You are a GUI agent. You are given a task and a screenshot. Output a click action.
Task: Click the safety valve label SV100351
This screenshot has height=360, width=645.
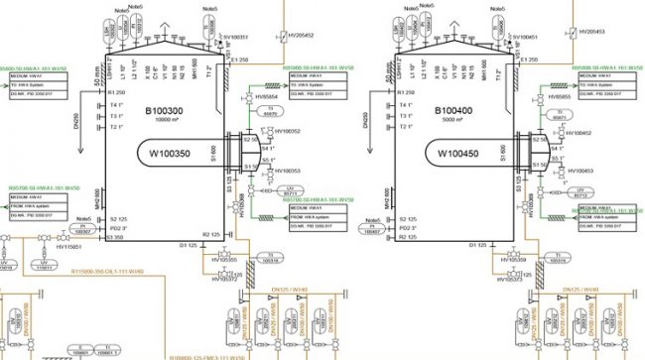click(235, 37)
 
